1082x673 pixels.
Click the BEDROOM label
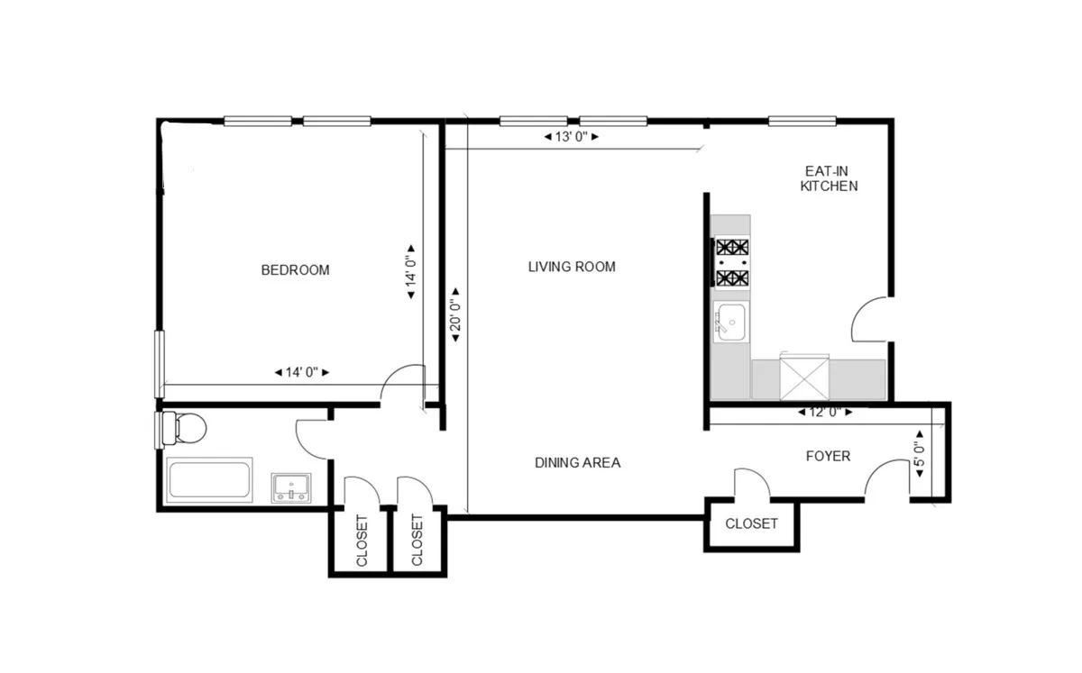click(295, 269)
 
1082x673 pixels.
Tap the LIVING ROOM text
click(572, 267)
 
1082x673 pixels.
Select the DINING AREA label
click(577, 463)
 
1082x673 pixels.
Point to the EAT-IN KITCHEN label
click(829, 178)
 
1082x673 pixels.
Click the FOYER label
click(827, 456)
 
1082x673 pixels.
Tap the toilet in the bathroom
click(184, 428)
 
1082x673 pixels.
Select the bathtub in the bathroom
click(209, 478)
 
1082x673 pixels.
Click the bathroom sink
click(291, 487)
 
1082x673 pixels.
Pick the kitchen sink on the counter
click(729, 322)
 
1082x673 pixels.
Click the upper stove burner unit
click(731, 248)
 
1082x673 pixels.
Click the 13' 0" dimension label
click(572, 138)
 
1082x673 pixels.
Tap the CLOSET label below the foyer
click(751, 523)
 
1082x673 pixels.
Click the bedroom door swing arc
click(402, 379)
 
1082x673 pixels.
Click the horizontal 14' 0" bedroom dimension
click(301, 372)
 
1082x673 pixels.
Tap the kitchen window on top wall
click(802, 121)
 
